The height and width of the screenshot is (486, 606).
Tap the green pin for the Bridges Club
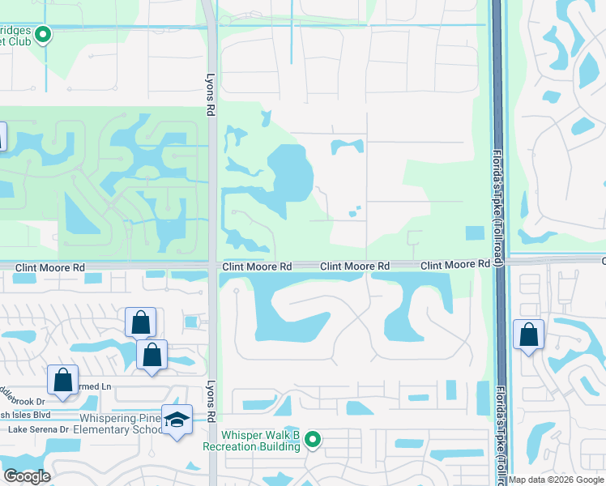(x=44, y=34)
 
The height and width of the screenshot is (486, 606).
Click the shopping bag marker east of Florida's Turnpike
(x=528, y=335)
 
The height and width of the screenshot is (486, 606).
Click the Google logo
(x=26, y=476)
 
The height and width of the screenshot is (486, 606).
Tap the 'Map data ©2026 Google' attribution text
(x=556, y=480)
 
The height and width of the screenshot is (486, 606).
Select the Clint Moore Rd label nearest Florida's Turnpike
(x=455, y=265)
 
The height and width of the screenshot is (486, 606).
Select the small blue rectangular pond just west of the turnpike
(x=476, y=232)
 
